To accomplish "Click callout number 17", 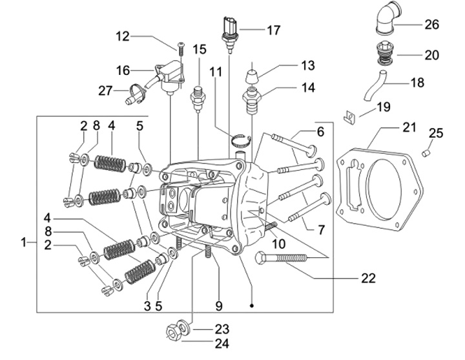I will point(274,29).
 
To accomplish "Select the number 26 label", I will point(431,25).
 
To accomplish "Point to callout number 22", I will point(368,279).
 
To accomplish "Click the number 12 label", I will point(123,36).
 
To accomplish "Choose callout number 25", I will point(437,134).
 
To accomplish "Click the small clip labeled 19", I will point(349,116).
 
